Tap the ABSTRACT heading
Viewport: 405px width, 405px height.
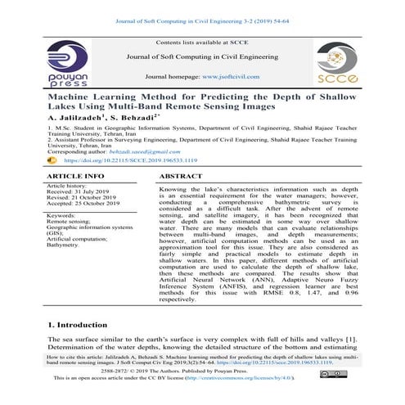tap(182, 176)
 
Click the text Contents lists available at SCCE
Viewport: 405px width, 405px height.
tap(202, 40)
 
